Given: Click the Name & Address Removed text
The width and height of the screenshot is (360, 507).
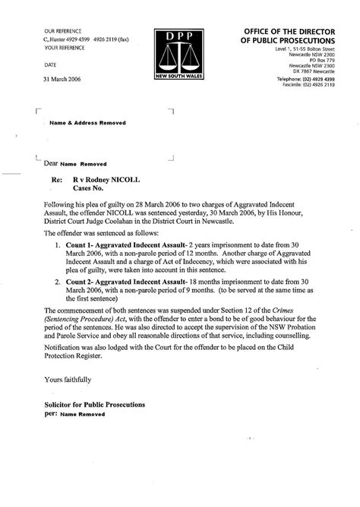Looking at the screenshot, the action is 87,122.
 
